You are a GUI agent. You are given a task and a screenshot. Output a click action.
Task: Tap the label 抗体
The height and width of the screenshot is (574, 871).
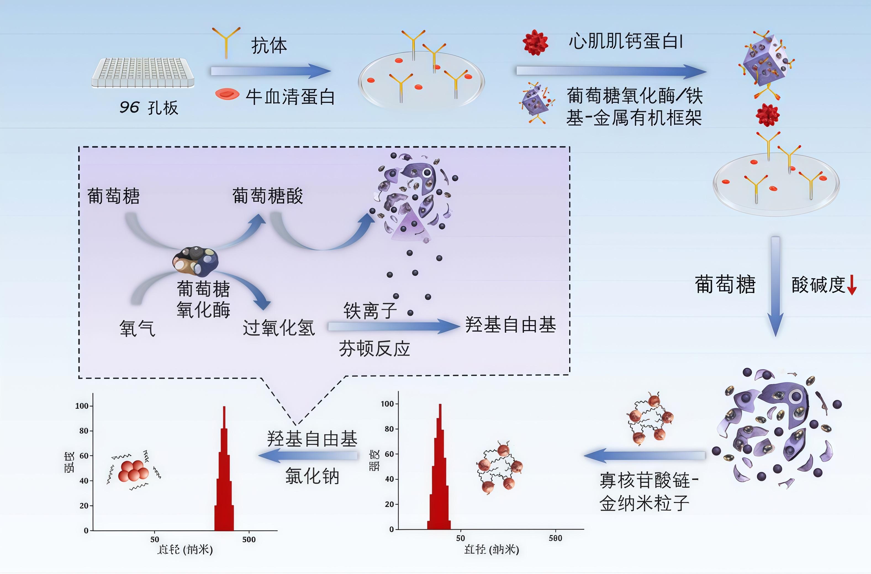coord(269,46)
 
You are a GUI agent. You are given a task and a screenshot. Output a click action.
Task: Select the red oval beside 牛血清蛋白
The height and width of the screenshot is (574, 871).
coord(227,94)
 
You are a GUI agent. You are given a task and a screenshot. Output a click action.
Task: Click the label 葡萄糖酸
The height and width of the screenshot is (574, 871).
coord(268,196)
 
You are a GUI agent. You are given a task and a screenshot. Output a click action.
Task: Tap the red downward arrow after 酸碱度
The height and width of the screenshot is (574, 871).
coord(852,285)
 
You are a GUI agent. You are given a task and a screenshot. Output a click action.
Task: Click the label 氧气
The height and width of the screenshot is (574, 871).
coord(137,328)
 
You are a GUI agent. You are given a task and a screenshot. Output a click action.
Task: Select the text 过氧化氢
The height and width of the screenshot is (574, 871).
coord(279,327)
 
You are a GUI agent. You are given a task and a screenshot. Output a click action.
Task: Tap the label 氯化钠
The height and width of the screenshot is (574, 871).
coord(312,476)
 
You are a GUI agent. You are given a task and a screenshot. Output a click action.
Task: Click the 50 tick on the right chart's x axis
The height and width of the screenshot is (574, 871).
coord(460,538)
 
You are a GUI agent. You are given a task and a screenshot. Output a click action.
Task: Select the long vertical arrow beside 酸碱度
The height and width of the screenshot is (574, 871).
coord(775,286)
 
